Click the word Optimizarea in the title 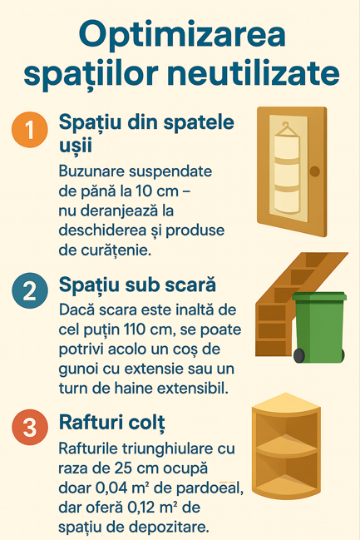(x=182, y=36)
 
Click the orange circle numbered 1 (x=30, y=130)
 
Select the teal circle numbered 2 (x=30, y=290)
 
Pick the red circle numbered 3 (x=30, y=427)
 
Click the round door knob (x=314, y=171)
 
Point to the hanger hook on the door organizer (x=286, y=125)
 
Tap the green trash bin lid (x=319, y=296)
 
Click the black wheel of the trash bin (x=298, y=355)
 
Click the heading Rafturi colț (x=112, y=422)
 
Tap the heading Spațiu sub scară (x=137, y=285)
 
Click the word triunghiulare (x=151, y=448)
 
